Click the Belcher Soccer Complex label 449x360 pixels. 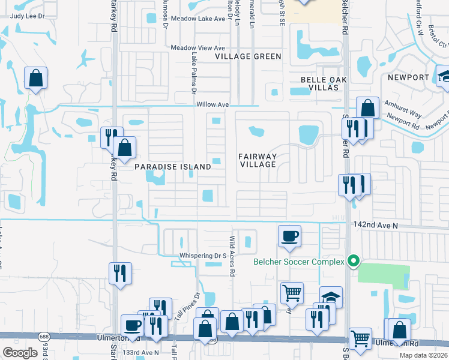coord(299,261)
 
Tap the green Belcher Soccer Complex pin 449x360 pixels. coord(354,261)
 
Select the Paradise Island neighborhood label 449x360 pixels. coord(172,166)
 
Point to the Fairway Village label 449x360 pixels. coord(258,160)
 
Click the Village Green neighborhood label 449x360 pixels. coord(249,56)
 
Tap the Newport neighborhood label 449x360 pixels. coord(408,77)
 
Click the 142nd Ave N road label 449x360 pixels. coord(376,224)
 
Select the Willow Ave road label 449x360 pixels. coord(213,104)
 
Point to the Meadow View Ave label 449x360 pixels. coord(197,48)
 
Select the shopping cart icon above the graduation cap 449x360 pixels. coord(292,293)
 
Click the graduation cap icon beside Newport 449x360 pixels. coord(445,77)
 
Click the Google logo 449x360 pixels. coord(20,353)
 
